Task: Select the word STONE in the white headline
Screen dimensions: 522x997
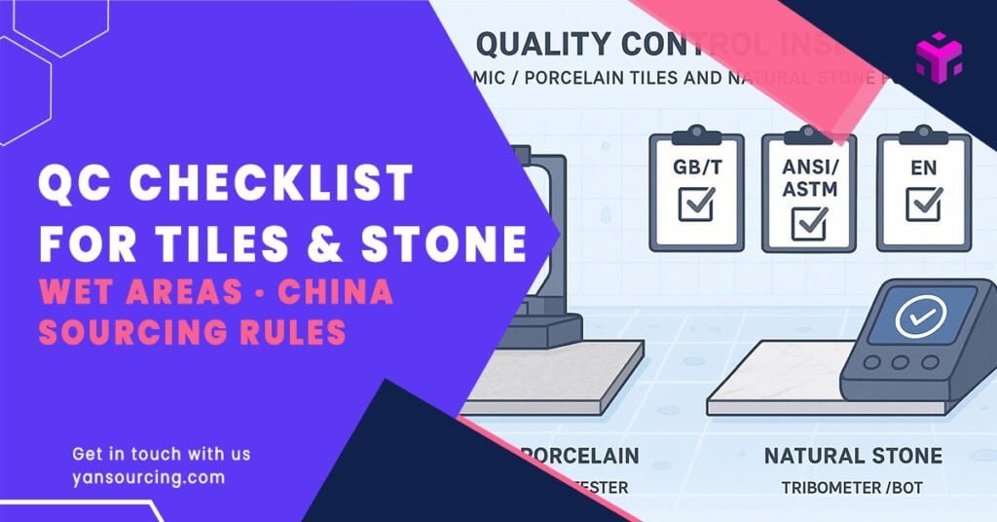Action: coord(457,242)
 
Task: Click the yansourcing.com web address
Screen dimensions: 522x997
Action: coord(149,477)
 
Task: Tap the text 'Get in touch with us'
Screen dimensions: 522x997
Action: coord(162,454)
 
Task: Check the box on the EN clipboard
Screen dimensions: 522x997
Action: coord(922,205)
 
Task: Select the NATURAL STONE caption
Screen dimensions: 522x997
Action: coord(852,455)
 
